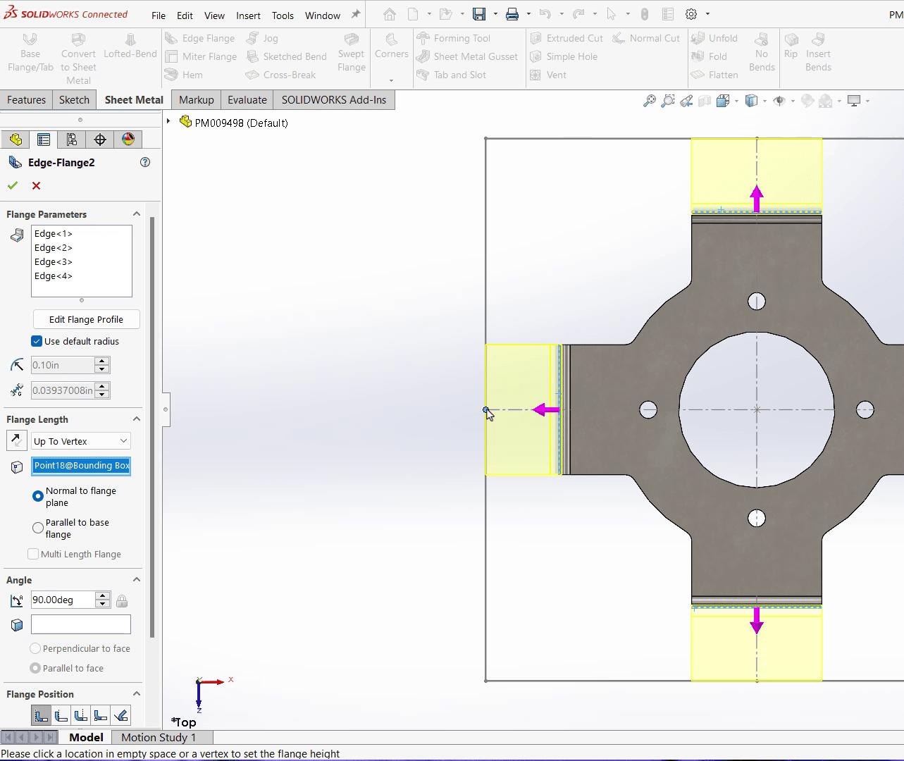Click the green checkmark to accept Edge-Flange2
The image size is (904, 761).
(12, 185)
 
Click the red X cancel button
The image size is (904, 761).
(36, 185)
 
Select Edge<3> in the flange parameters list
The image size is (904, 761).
(54, 262)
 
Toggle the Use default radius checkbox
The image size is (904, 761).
(37, 341)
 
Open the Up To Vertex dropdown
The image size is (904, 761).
(81, 441)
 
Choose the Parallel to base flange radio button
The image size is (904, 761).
(38, 528)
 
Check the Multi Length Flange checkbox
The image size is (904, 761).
(33, 555)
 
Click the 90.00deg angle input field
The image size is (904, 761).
(62, 600)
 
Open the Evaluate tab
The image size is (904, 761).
(247, 100)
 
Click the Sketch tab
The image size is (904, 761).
(74, 100)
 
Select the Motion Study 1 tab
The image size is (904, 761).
(159, 737)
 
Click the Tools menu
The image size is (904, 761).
(283, 16)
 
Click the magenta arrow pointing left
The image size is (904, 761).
(545, 409)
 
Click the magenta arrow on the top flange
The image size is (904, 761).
(756, 198)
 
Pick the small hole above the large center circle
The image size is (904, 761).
(756, 302)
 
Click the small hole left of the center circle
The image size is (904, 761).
(648, 409)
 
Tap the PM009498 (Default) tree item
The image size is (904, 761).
(241, 123)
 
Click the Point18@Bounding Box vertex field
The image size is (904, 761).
(81, 466)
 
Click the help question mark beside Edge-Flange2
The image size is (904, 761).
(145, 162)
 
